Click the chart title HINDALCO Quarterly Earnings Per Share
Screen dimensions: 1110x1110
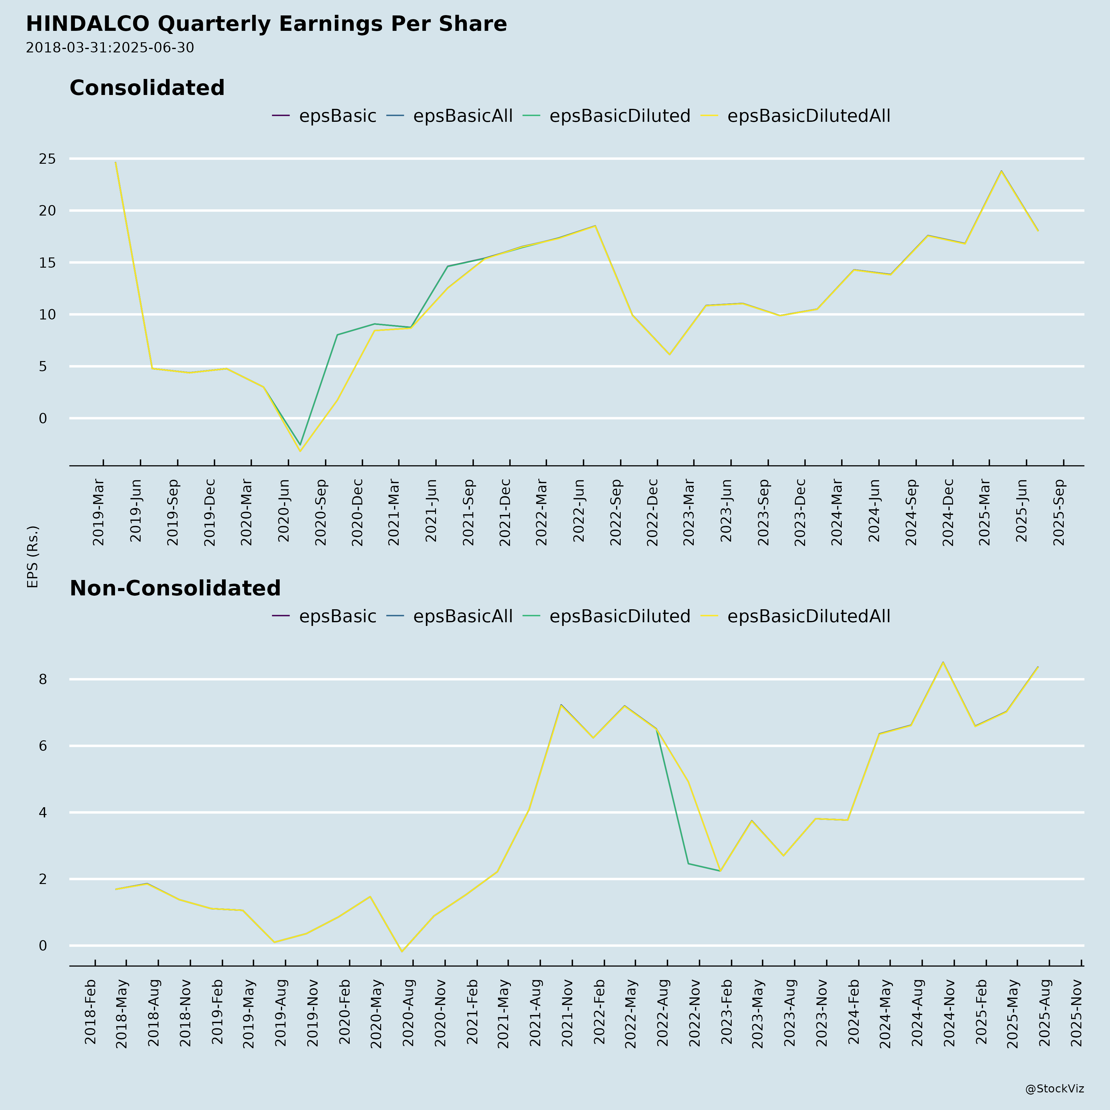pos(266,24)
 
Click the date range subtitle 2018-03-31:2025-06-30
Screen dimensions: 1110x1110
pos(110,48)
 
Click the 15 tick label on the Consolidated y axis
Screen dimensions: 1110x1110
pos(47,263)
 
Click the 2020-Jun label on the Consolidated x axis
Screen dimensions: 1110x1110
pos(284,510)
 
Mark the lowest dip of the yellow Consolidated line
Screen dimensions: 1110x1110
pos(300,451)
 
